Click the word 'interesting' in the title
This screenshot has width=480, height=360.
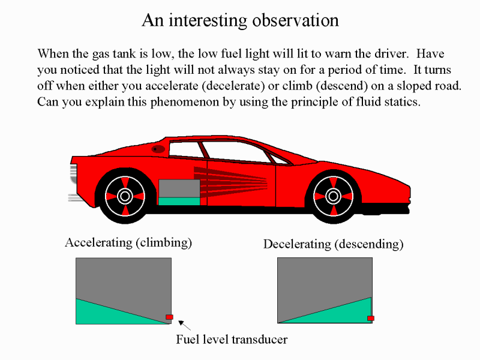(208, 21)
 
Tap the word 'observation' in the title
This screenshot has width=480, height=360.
(296, 20)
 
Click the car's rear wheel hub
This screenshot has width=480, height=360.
(125, 196)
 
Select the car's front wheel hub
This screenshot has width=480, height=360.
(333, 196)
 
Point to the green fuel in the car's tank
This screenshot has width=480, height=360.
(179, 202)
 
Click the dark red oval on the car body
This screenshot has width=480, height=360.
(158, 149)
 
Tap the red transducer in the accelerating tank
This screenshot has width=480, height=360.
(169, 317)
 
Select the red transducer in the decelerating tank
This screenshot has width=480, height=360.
(371, 319)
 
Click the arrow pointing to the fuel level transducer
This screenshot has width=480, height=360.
(184, 325)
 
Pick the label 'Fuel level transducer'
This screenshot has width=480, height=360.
(232, 340)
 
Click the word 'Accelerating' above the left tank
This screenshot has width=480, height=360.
(98, 243)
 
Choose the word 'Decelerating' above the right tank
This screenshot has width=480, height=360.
(297, 244)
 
